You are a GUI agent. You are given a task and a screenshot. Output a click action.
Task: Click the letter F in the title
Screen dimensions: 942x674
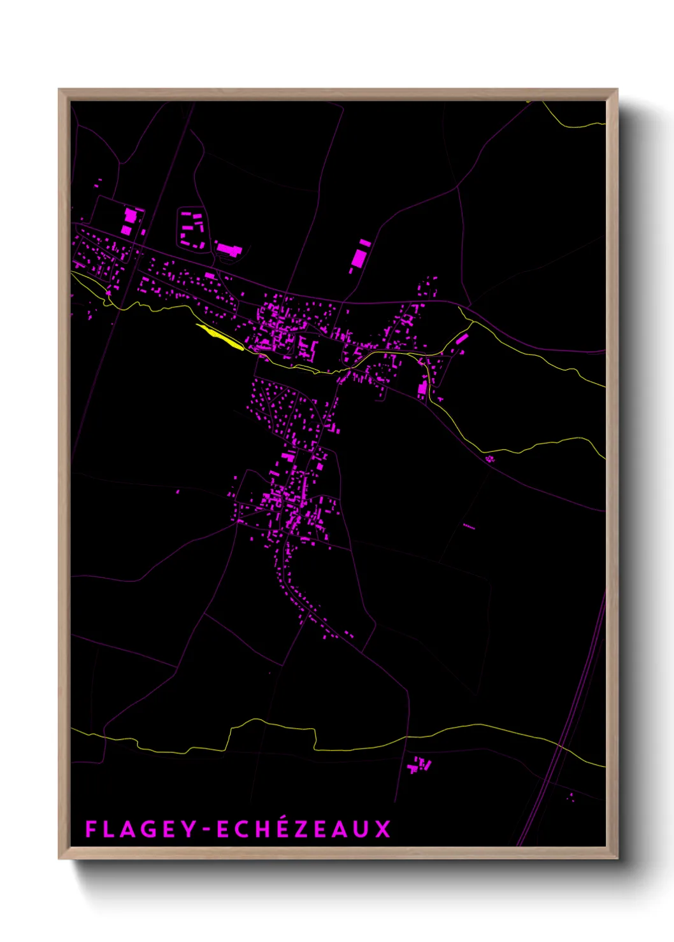(90, 829)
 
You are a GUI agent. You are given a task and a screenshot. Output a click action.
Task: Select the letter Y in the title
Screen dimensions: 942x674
(190, 829)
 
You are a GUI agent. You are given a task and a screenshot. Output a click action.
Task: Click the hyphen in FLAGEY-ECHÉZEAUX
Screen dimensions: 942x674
(205, 830)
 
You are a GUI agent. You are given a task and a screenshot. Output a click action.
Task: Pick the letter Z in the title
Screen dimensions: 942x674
(303, 829)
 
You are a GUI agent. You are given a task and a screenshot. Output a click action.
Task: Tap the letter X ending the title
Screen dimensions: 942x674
(382, 829)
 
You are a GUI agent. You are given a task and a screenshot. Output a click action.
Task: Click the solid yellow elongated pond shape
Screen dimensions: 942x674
(220, 337)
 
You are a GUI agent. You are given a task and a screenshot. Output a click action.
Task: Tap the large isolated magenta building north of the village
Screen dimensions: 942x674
(360, 257)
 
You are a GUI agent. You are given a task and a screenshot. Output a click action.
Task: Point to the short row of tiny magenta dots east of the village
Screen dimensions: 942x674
(469, 526)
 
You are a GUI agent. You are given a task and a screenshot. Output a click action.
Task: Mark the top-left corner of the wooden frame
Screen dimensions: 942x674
(59, 90)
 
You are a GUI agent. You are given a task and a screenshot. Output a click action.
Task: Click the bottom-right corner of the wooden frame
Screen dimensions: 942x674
(617, 858)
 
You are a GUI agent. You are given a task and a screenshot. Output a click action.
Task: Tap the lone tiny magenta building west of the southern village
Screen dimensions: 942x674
(178, 491)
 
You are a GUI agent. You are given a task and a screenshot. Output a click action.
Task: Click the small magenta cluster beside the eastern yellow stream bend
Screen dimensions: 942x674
(490, 458)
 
